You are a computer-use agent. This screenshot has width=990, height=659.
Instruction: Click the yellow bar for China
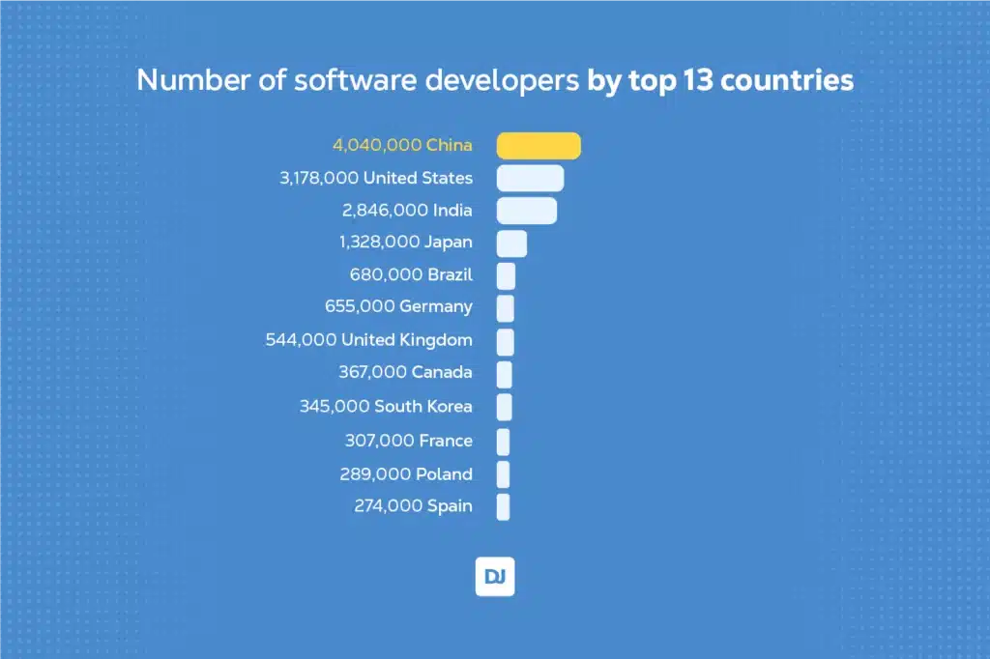539,145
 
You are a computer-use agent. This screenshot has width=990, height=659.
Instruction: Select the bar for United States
530,178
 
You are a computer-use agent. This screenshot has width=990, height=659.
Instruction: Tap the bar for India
527,211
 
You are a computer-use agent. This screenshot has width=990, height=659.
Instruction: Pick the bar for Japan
511,244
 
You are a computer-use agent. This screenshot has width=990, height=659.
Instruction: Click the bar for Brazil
506,276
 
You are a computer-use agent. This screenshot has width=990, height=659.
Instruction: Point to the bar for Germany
506,308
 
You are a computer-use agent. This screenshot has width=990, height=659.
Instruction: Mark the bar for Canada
504,374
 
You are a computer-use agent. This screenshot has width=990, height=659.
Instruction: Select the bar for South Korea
504,407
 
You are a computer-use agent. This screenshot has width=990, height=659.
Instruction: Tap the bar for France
503,442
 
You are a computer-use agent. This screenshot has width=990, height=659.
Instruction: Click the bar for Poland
503,474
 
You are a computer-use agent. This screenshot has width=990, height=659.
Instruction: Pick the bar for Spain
503,506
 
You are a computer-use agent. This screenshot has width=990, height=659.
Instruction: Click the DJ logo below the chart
495,577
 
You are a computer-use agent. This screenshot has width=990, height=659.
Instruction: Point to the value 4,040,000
377,145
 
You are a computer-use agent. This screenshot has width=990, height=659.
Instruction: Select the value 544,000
302,340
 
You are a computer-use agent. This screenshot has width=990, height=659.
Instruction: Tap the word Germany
436,307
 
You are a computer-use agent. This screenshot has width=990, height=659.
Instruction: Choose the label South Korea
423,407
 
